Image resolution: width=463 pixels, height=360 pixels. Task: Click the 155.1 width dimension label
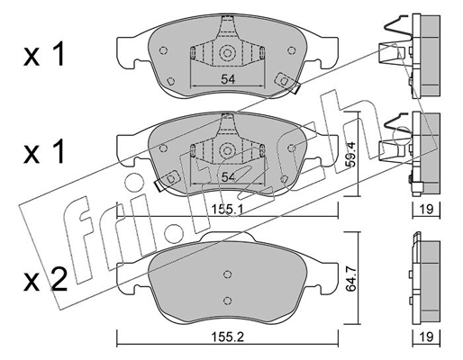(x=227, y=209)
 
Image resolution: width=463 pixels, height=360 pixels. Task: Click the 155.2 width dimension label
(x=228, y=337)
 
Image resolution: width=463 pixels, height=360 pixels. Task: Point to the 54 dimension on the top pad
(x=228, y=79)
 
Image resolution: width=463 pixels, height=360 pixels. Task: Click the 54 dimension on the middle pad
(x=228, y=177)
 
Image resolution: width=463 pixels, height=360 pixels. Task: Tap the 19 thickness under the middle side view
(x=426, y=209)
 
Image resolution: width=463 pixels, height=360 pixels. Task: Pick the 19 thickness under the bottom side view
(x=426, y=337)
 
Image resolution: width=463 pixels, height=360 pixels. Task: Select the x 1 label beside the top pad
(x=44, y=54)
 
